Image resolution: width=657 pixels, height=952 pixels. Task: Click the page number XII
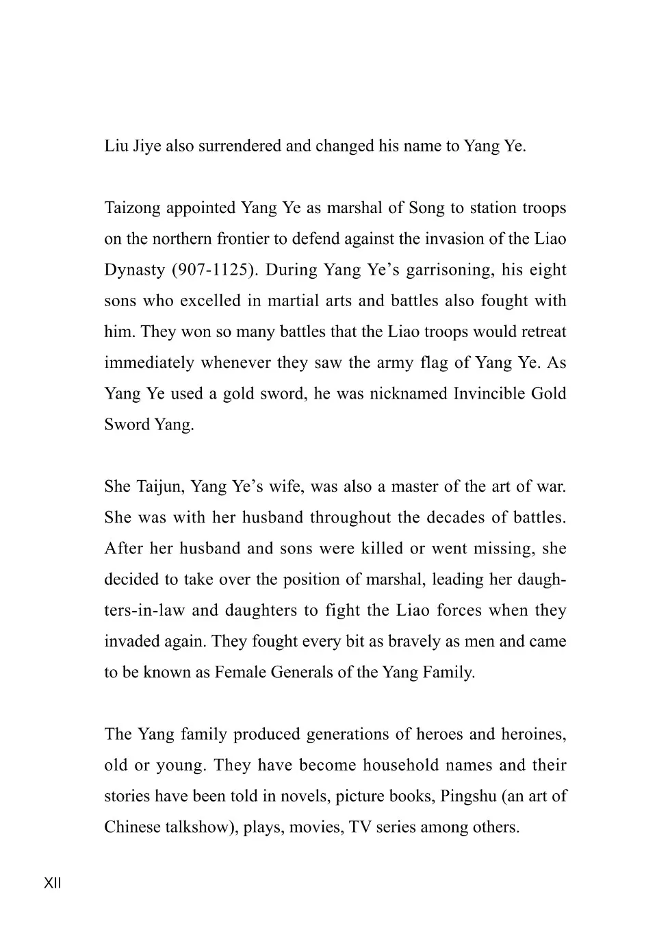pyautogui.click(x=53, y=883)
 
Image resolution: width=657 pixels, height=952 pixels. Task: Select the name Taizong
pyautogui.click(x=135, y=208)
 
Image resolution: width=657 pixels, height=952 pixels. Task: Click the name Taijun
pyautogui.click(x=160, y=487)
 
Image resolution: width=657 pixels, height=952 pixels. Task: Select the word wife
pyautogui.click(x=283, y=487)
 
